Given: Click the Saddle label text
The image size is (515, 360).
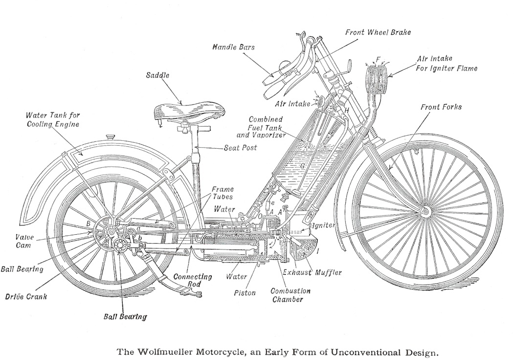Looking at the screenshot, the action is click(157, 75).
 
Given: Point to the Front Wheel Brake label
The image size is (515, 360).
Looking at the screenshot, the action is click(378, 32).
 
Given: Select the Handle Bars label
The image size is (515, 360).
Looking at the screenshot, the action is click(233, 47).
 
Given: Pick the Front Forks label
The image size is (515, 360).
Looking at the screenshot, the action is click(441, 107).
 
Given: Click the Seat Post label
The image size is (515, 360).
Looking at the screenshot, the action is click(241, 148).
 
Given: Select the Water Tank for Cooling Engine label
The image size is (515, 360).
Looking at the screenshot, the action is click(52, 119).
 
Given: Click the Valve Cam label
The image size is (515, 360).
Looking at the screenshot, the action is click(24, 241).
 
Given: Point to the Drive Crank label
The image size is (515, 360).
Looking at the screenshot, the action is click(26, 296).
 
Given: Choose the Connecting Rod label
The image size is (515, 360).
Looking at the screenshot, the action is click(193, 280).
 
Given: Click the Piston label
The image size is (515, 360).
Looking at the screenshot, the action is click(245, 292).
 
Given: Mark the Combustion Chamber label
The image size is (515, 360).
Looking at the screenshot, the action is click(291, 295).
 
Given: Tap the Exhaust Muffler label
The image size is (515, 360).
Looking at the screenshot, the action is click(313, 272).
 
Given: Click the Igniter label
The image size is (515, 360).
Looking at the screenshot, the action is click(323, 225).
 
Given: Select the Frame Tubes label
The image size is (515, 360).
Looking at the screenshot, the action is click(223, 193).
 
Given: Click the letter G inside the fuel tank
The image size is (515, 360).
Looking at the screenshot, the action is click(302, 166).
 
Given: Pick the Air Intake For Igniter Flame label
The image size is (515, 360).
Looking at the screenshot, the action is click(447, 64).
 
